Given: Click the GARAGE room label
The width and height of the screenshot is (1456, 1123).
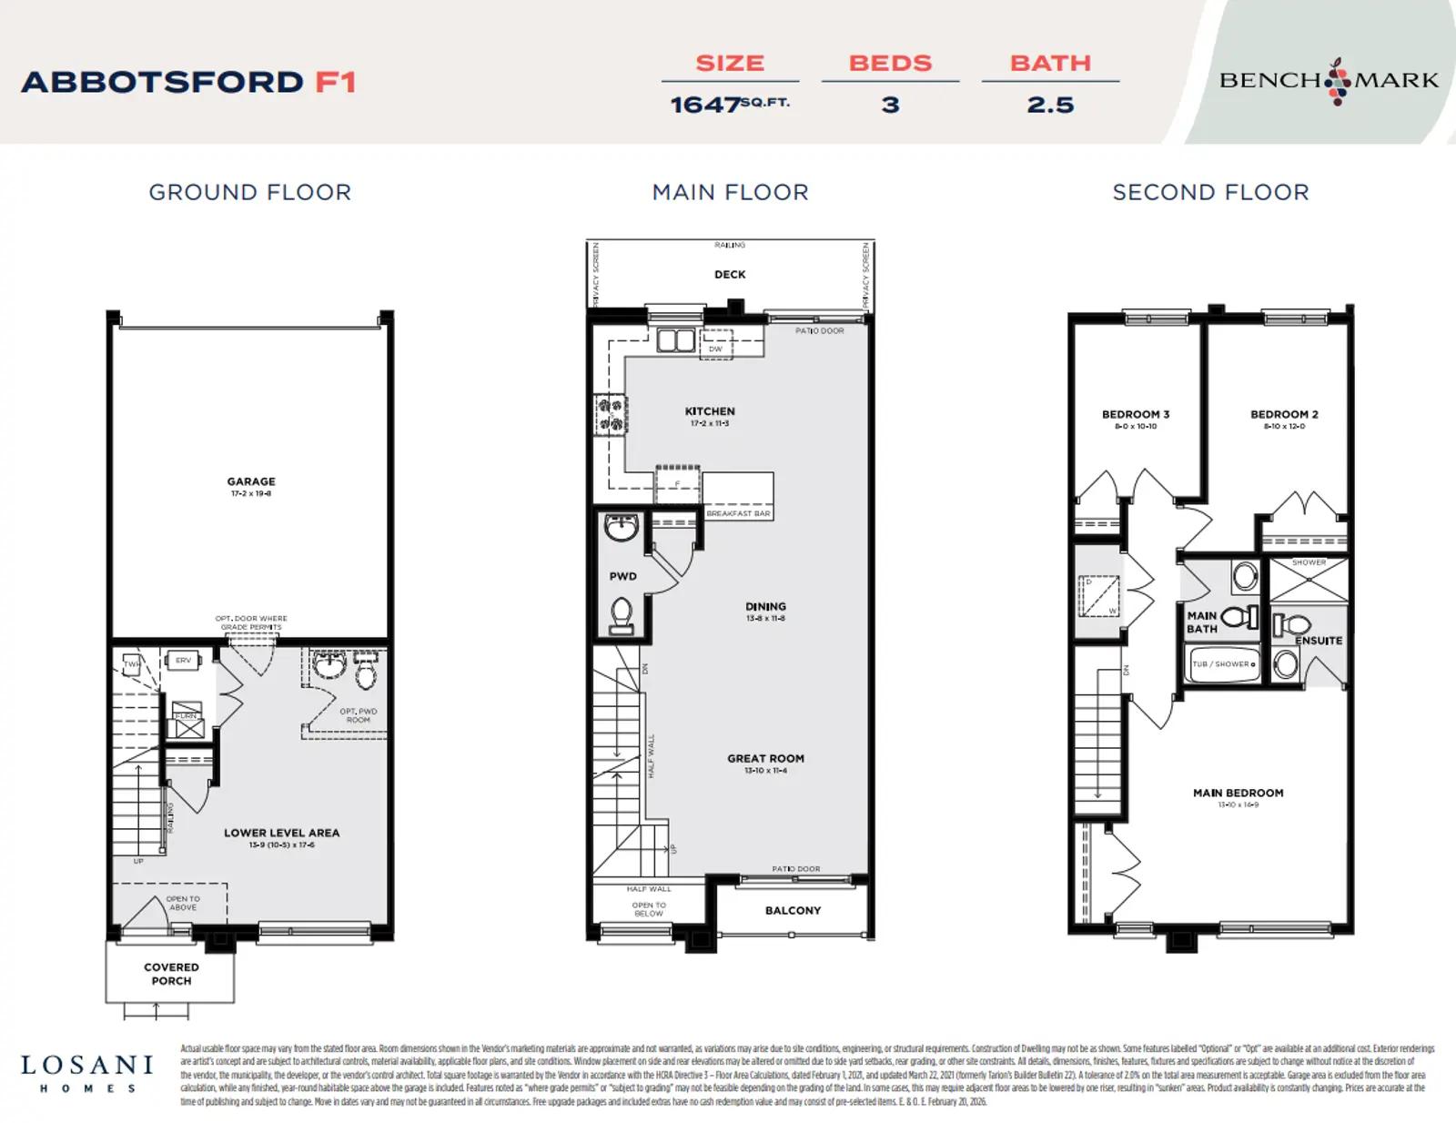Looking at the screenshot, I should point(251,482).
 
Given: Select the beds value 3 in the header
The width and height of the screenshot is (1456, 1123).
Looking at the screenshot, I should point(890,105).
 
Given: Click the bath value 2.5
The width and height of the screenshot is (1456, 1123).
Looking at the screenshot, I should point(1050,105).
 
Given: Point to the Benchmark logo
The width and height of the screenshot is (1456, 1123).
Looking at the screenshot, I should point(1329,80).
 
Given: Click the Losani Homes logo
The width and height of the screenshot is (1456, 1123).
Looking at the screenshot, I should point(87,1072).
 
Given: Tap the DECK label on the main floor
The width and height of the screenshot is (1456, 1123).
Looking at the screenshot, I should point(730,274).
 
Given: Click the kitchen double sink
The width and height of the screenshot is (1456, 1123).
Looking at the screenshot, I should point(676,340).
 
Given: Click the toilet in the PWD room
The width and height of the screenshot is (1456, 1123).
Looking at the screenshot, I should point(622,614).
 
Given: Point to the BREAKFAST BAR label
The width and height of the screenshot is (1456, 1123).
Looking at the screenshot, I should point(738,513).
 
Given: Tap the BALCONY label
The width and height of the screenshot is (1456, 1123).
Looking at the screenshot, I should point(793,910).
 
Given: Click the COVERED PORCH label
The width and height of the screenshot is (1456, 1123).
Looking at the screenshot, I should point(171,974).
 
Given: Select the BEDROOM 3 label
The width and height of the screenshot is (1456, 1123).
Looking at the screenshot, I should point(1136,414).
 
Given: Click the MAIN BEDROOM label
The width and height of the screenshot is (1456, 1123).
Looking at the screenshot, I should point(1238,793).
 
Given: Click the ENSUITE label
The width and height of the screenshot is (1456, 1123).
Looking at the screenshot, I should point(1319,641).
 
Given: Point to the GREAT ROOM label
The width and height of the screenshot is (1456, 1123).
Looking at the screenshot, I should point(765,758).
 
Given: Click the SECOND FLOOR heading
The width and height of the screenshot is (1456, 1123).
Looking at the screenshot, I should point(1210,192).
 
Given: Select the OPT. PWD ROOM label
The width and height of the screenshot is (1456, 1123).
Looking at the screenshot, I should point(358,715).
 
